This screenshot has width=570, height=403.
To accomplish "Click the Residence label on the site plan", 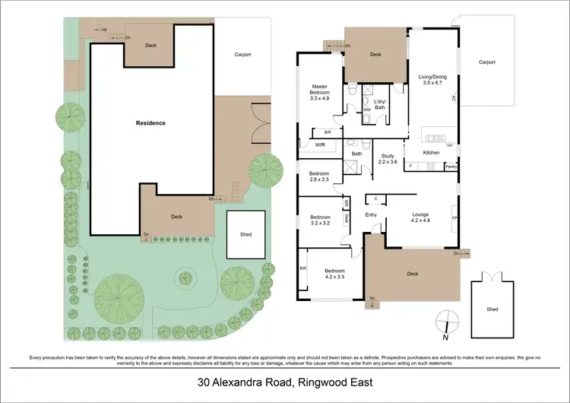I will point(150,122).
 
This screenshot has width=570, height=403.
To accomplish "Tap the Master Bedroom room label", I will point(320,92).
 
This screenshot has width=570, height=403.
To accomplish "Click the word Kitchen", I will point(431,153).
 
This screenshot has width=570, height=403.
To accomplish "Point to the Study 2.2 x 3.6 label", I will point(388,159).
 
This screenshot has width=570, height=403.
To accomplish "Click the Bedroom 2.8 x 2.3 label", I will point(319,176).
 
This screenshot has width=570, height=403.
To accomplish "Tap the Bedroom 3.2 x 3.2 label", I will point(319,221).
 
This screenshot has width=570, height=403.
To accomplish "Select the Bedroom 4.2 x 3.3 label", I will point(335,274).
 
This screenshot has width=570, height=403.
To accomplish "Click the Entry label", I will point(371,214).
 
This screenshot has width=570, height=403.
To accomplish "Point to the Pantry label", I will point(451,166).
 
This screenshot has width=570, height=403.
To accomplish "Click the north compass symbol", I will point(447,320).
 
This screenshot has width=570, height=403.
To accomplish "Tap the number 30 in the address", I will point(204,382).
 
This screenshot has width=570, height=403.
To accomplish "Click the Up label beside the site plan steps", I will point(104,29).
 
